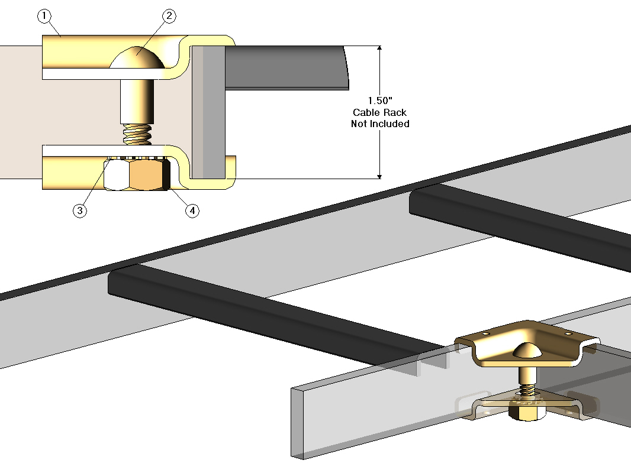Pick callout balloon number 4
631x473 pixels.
coord(192,210)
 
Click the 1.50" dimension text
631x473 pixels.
coord(380,101)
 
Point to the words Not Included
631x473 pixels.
coord(380,124)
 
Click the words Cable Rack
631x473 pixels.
coord(380,112)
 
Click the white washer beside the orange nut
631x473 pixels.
coord(117,174)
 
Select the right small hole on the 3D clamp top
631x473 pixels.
coord(569,334)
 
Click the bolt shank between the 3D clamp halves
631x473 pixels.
coord(526,376)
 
